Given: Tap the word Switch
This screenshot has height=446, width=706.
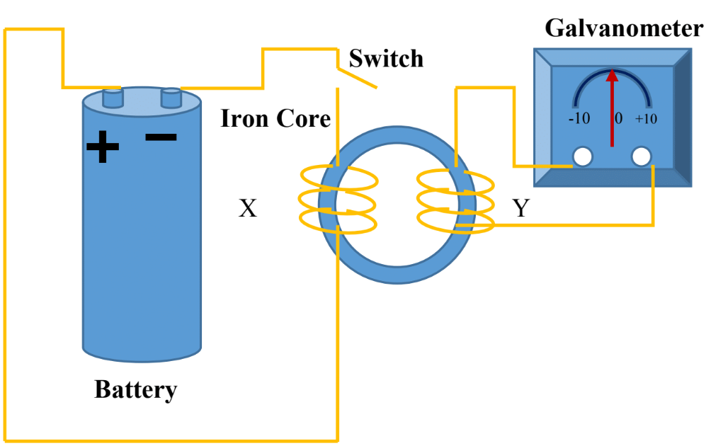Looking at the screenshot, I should tap(386, 58).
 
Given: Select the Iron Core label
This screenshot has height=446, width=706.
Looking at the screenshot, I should tap(275, 118).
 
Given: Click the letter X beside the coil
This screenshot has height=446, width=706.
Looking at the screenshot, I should tap(247, 208).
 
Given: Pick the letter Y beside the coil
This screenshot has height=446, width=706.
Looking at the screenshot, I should tap(521, 208).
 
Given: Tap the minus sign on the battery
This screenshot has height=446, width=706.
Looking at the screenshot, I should tap(161, 136).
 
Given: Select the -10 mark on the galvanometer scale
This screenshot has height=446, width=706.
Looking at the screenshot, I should tap(579, 118).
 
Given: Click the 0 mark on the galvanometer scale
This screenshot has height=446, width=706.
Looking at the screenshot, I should tap(618, 118).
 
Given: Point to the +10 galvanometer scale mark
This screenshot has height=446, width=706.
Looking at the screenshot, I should tap(646, 118).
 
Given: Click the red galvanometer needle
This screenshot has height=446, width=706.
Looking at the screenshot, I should tap(612, 106).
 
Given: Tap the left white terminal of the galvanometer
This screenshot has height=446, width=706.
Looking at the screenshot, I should tap(583, 156).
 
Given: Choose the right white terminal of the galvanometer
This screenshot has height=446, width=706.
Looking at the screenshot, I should tap(642, 156).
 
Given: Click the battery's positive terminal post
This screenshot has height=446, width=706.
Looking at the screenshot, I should tap(112, 97).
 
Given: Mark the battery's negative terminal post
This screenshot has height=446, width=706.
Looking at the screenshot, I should tap(171, 97).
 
